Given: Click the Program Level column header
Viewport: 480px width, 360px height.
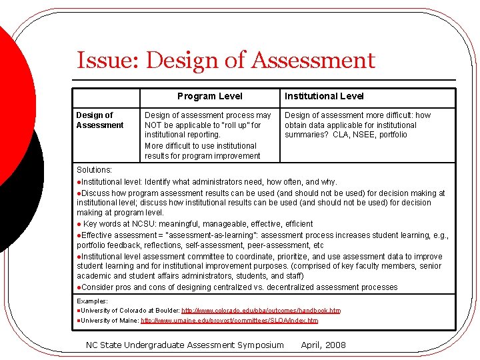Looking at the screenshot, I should [209, 97].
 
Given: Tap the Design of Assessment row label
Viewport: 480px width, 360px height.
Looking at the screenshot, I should [99, 120].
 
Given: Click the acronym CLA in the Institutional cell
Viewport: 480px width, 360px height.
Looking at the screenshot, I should [339, 135].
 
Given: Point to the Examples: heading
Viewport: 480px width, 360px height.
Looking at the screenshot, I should [92, 301].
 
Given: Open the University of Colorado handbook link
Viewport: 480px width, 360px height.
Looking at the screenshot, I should [261, 311].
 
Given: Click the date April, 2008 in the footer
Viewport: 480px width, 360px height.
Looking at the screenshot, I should [323, 345].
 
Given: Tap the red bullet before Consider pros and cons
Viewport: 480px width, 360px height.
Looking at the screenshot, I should [79, 287].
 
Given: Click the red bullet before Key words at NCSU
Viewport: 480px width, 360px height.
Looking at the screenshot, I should [79, 224].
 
